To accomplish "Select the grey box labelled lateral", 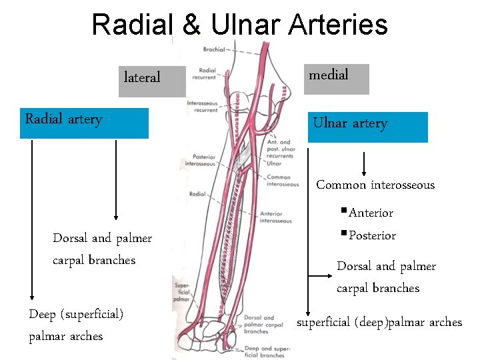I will click(151, 81).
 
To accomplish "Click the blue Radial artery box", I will click(84, 123).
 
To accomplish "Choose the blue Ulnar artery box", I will click(368, 126).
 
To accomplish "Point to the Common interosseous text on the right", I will click(375, 185).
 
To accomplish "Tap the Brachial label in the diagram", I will click(214, 49).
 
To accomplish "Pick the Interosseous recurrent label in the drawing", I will click(202, 106).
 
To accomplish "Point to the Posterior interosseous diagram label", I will click(200, 160).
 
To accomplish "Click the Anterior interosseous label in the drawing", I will click(275, 217).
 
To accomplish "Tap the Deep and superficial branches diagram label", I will click(265, 351).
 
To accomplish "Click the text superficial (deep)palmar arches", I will click(379, 323).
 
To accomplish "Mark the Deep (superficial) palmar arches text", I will click(76, 325).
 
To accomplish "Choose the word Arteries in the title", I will click(340, 25).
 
